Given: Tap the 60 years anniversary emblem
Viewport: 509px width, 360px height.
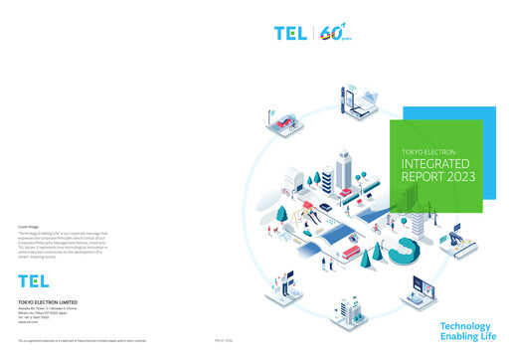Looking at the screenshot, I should click(x=333, y=33).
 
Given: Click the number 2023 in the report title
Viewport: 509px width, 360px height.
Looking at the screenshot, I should click(x=457, y=176).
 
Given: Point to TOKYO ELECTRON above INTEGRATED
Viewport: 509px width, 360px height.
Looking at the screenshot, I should click(x=429, y=148).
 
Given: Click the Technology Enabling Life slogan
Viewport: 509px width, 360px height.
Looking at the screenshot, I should click(x=465, y=331).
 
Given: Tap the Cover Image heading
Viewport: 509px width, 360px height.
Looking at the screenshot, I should click(x=29, y=227).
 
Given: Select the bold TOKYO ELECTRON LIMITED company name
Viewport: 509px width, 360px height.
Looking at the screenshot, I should click(x=48, y=300).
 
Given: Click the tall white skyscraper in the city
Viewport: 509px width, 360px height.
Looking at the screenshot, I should click(x=344, y=169).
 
